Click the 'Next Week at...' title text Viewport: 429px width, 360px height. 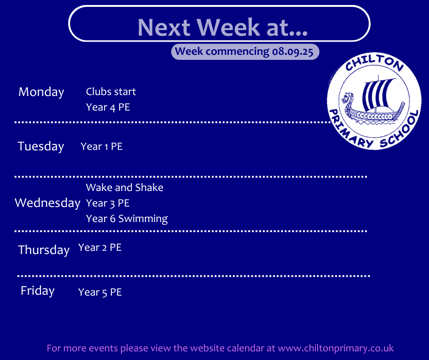click(222, 27)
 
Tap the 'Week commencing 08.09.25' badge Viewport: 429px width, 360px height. click(245, 52)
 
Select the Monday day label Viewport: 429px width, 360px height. click(41, 92)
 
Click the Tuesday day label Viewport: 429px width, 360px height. click(41, 146)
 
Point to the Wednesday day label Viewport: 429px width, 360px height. click(47, 203)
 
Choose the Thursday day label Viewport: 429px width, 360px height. click(44, 250)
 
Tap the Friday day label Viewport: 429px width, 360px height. click(37, 291)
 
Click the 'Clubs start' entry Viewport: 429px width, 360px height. click(111, 91)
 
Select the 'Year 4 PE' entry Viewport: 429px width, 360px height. click(108, 107)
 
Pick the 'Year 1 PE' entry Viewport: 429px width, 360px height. click(101, 147)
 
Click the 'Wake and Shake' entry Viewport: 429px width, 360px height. click(125, 187)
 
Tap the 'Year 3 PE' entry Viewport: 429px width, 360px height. click(108, 203)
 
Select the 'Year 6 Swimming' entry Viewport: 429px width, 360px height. click(127, 219)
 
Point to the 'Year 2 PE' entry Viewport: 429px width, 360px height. click(100, 248)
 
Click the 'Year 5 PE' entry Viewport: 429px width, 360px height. click(100, 292)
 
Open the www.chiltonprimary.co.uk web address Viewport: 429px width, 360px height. click(336, 348)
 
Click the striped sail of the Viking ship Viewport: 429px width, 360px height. click(377, 94)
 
